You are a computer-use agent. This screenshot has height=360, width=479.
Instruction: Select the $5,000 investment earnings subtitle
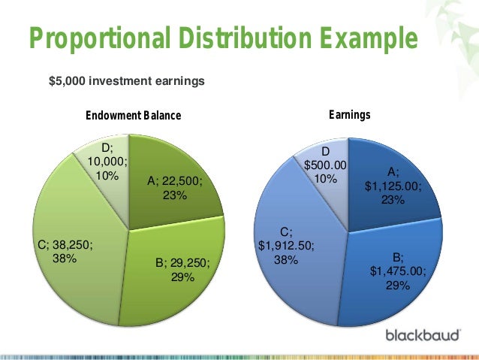point(126,80)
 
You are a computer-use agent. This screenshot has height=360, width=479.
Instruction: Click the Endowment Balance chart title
point(134,116)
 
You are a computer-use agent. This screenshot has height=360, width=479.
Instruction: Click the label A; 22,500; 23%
point(175,188)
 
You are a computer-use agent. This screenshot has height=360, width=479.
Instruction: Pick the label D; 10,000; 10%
point(107,162)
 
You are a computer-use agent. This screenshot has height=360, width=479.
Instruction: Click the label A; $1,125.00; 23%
point(393,185)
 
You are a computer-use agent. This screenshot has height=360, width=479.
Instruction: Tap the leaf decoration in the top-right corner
point(454,23)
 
